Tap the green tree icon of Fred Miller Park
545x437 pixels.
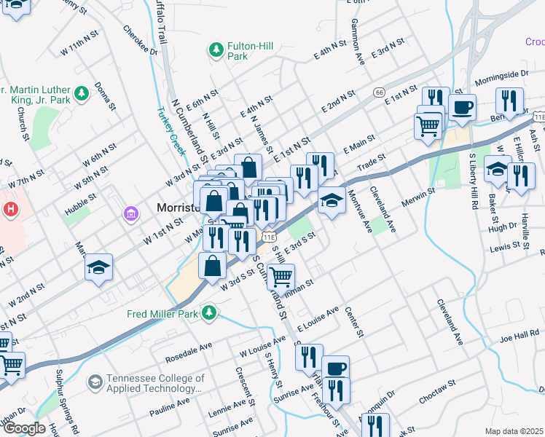[210, 312]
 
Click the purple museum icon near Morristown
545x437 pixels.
[131, 213]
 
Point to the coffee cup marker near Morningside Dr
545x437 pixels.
[462, 109]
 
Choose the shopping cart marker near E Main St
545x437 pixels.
[428, 125]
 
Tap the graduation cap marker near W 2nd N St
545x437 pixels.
[98, 267]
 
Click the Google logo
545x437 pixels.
[25, 428]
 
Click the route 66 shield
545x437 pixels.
[379, 92]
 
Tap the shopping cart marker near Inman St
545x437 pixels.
[281, 277]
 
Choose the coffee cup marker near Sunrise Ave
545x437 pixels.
[335, 369]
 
